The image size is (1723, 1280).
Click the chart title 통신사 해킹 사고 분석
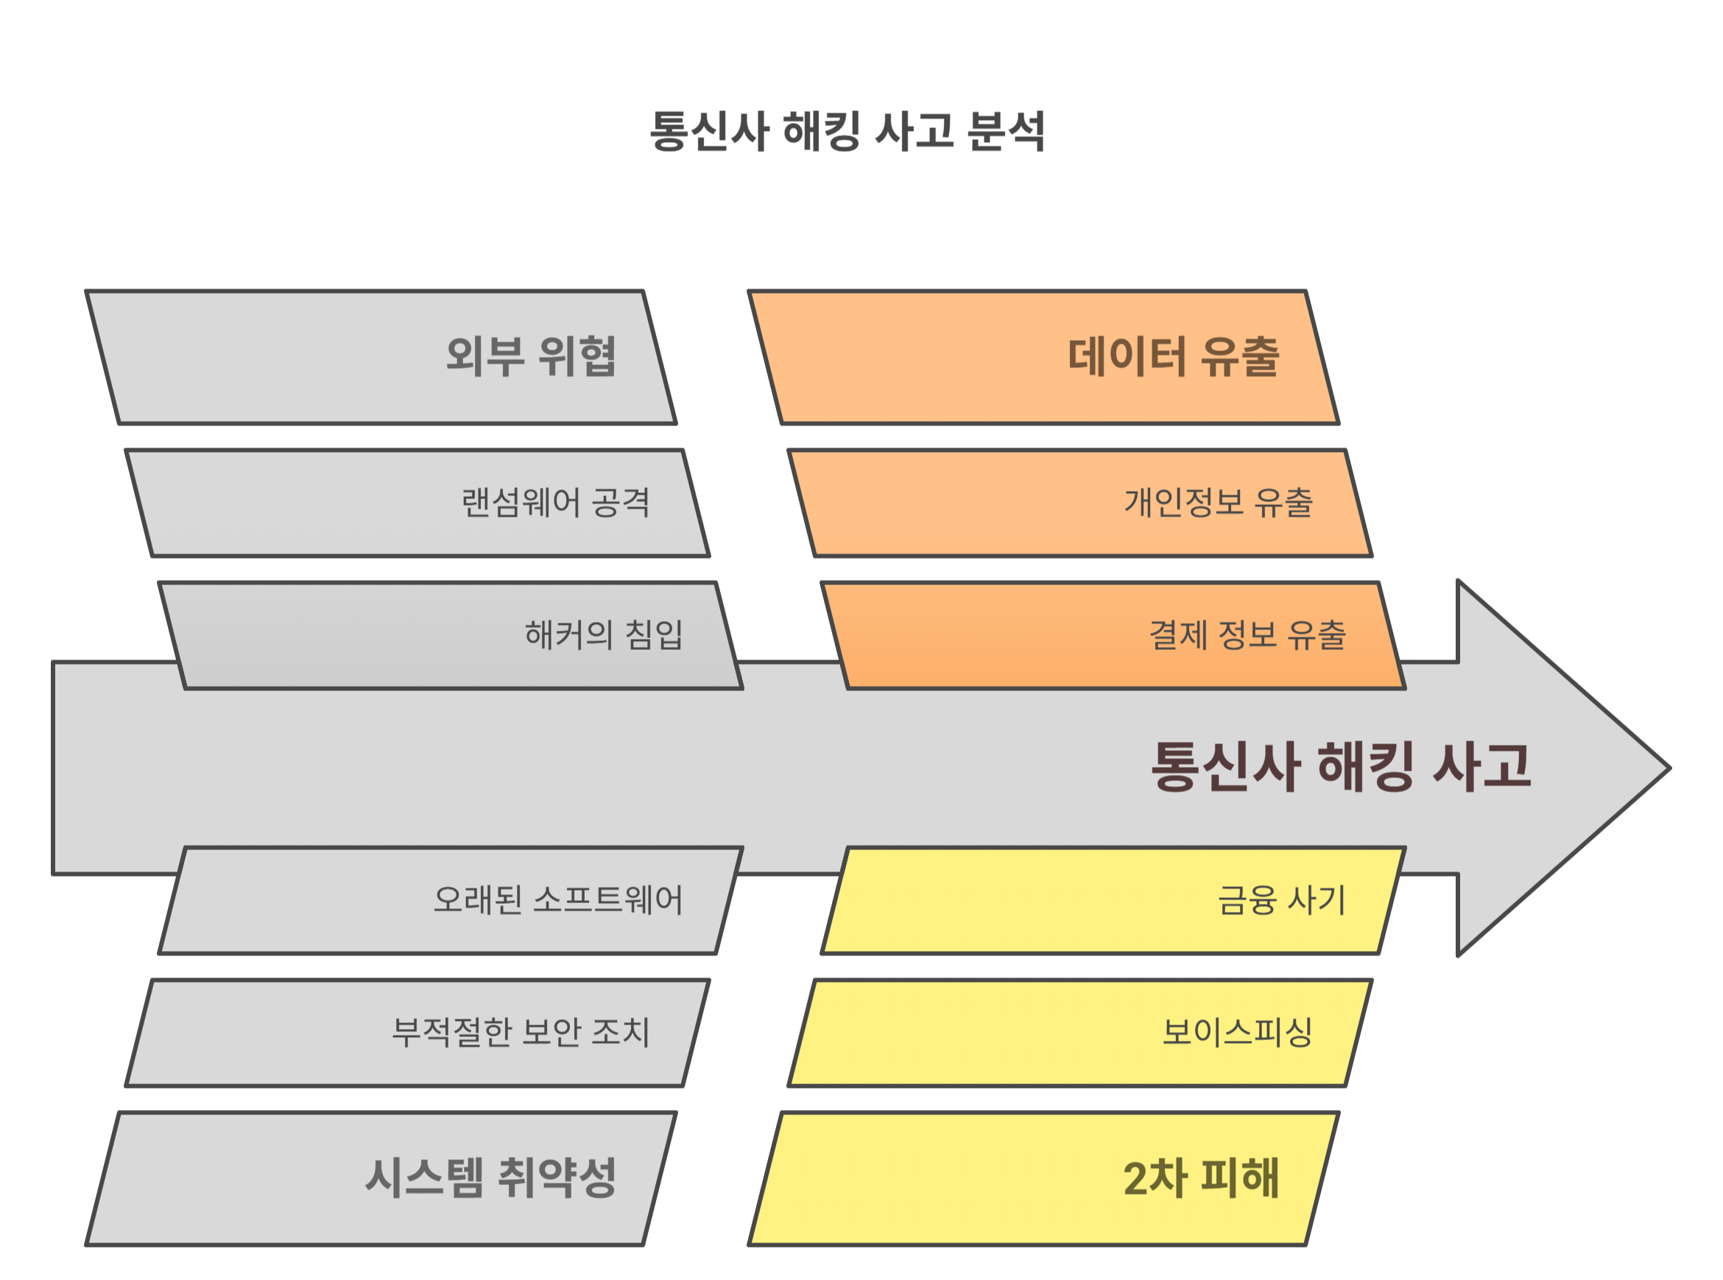(x=848, y=131)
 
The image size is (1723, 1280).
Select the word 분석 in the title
(x=1006, y=131)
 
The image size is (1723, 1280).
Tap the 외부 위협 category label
(x=531, y=357)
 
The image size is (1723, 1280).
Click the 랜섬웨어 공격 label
(x=555, y=503)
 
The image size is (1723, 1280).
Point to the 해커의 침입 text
(x=604, y=635)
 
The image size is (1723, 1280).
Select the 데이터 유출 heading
(x=1173, y=357)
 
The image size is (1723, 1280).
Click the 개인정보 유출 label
(x=1219, y=503)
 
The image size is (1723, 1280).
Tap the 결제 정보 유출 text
(x=1247, y=635)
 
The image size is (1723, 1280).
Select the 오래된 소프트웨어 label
(x=558, y=900)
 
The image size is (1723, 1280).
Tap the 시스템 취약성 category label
(x=490, y=1178)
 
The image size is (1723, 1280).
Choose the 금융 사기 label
(x=1282, y=900)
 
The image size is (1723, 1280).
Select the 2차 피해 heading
(x=1201, y=1178)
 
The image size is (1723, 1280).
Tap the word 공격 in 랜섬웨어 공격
(x=620, y=503)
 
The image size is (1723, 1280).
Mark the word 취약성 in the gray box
(x=557, y=1178)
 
